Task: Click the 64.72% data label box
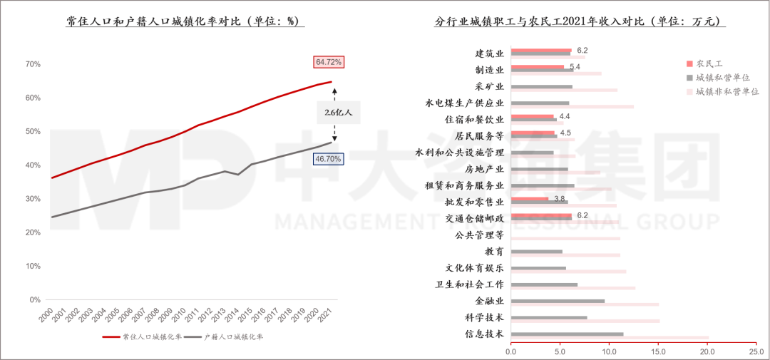tap(329, 62)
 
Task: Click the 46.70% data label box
tap(329, 159)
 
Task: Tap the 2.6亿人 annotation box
tap(338, 113)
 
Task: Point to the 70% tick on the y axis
tap(33, 64)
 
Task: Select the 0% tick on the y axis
tap(35, 300)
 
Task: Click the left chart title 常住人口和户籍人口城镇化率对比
tap(185, 22)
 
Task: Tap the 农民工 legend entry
tap(709, 63)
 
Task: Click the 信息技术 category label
tap(485, 334)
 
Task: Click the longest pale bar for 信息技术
tap(610, 337)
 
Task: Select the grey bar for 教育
tap(537, 252)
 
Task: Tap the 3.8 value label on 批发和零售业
tap(560, 197)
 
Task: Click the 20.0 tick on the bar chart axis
tap(707, 351)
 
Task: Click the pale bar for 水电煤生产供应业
tap(573, 107)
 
